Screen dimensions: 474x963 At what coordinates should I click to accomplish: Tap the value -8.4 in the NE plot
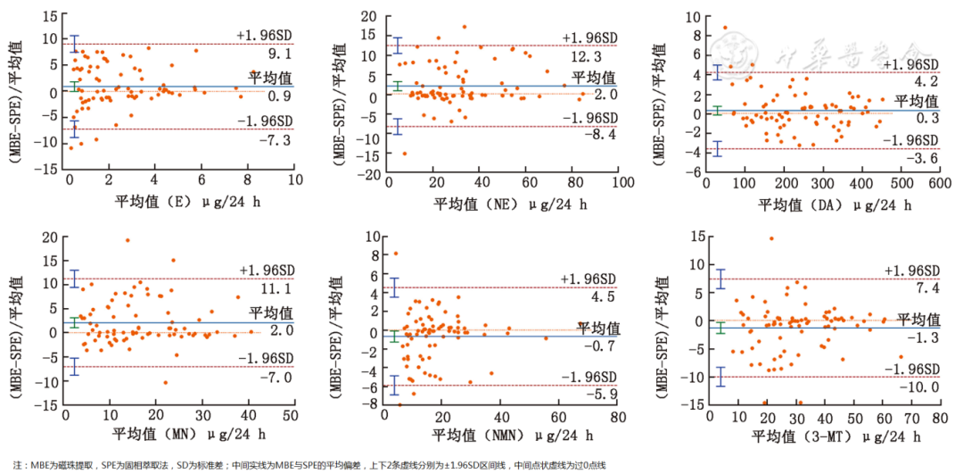[x=589, y=137]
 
